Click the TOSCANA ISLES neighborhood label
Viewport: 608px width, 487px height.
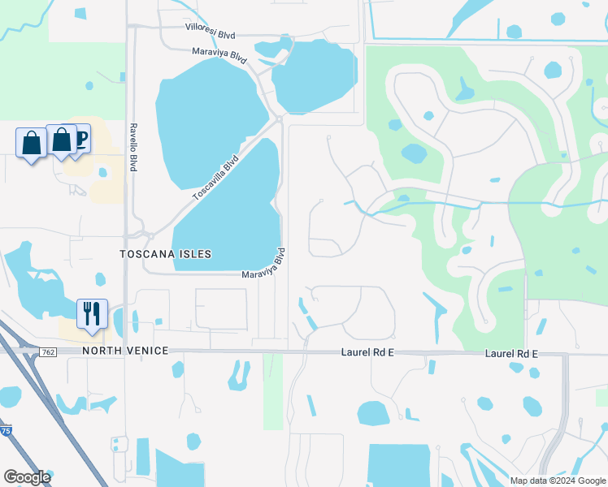[x=165, y=254]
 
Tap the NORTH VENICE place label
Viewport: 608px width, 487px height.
[x=124, y=351]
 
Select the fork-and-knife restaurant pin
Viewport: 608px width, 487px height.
[x=92, y=312]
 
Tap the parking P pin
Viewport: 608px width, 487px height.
[x=80, y=138]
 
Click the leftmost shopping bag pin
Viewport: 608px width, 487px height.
[x=31, y=143]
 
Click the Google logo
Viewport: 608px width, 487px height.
[x=27, y=477]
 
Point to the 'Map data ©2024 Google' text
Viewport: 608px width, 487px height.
[x=558, y=481]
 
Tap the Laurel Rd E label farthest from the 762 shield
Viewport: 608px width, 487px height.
[x=512, y=354]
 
